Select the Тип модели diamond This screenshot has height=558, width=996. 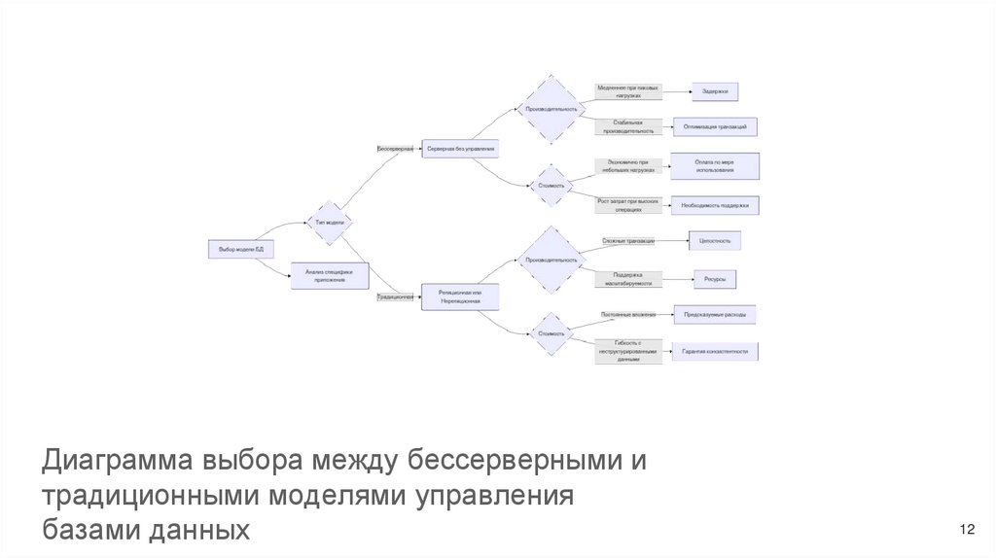(x=330, y=223)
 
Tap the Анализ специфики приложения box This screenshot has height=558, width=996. (x=330, y=277)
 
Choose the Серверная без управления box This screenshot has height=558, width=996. (x=460, y=149)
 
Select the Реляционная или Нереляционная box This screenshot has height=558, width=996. (x=460, y=296)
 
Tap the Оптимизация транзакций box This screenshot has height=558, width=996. (x=715, y=127)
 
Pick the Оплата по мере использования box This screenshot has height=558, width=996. (x=715, y=165)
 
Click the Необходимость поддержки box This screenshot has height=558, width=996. (x=715, y=205)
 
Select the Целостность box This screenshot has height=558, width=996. (x=715, y=239)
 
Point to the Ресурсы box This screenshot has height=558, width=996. (x=715, y=279)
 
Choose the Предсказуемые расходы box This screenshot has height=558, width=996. (x=715, y=315)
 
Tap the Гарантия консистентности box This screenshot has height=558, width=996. (x=715, y=351)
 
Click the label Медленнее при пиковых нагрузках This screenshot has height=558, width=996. (x=626, y=91)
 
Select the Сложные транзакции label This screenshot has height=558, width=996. (x=627, y=240)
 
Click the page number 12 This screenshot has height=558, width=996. (x=967, y=529)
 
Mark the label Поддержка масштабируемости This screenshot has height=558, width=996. (x=627, y=279)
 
